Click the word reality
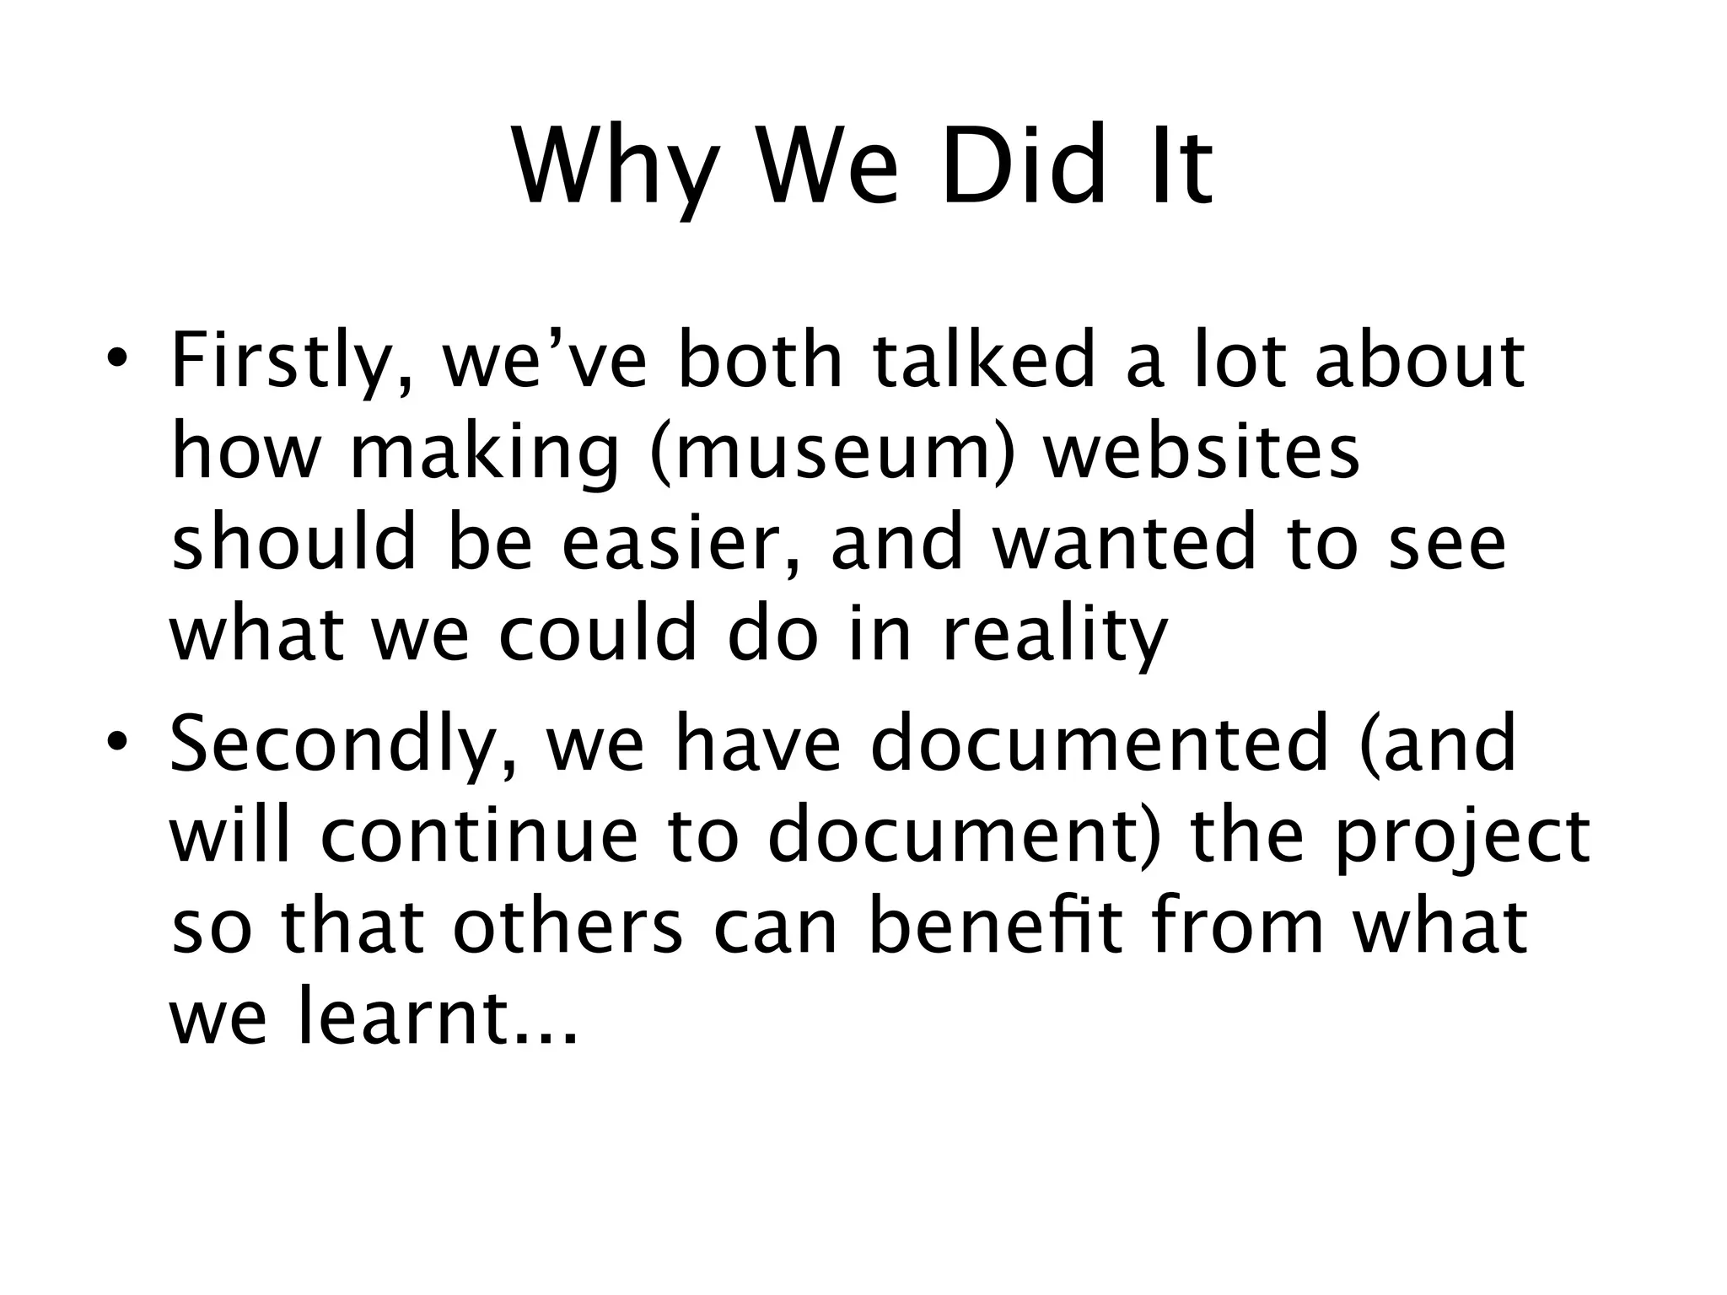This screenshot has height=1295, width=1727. pyautogui.click(x=1055, y=637)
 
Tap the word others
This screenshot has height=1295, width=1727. pyautogui.click(x=568, y=927)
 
